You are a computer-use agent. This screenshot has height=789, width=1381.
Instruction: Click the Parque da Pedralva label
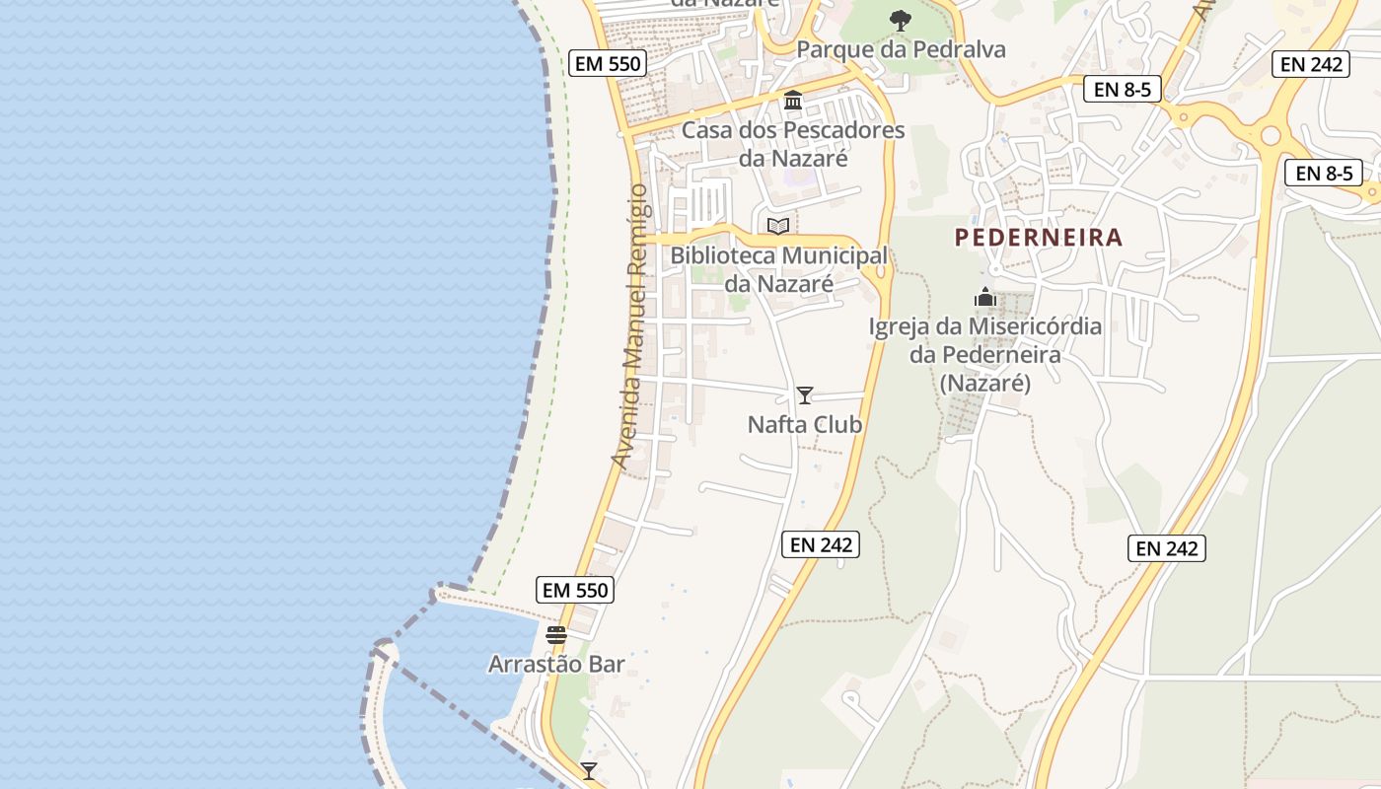point(901,49)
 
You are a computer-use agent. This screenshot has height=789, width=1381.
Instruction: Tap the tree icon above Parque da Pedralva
point(900,19)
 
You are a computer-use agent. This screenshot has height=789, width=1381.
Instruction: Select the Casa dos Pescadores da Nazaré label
point(793,144)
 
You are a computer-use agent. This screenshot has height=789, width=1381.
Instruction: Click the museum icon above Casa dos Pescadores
point(793,100)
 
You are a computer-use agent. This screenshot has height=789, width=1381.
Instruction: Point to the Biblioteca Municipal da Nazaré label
point(778,269)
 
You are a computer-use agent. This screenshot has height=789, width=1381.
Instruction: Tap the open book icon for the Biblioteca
point(778,226)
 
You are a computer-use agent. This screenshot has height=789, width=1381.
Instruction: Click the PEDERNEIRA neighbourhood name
point(1039,238)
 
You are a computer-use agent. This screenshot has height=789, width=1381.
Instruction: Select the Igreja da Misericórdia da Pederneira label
point(984,354)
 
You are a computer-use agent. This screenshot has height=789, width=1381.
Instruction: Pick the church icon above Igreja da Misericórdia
point(984,297)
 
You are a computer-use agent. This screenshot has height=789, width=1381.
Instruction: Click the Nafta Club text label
point(805,425)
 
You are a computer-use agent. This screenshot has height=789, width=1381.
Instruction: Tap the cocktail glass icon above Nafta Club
point(805,395)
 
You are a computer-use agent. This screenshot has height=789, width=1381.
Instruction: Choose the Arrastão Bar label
point(556,665)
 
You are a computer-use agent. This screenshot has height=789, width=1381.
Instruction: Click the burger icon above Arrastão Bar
point(556,634)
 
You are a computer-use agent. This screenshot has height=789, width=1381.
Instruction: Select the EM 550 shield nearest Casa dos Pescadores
point(607,64)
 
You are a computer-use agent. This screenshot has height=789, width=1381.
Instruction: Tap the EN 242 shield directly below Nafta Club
point(821,543)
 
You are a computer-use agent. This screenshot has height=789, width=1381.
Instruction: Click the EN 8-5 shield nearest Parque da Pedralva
point(1123,89)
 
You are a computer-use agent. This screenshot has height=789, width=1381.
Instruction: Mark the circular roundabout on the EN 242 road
point(1271,135)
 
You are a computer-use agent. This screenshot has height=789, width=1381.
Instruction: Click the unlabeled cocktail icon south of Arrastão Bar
point(589,770)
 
